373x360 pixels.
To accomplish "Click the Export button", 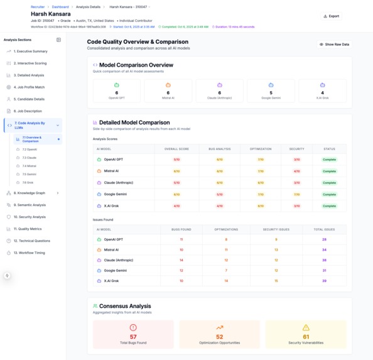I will [x=331, y=16].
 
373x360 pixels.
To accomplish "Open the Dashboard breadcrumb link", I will [x=60, y=7].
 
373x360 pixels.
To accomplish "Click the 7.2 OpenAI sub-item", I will [x=30, y=150].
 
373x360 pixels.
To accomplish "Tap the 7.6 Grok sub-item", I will [x=28, y=182].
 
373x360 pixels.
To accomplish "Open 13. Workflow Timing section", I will [x=30, y=253].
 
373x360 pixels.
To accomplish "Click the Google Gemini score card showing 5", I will [x=271, y=91].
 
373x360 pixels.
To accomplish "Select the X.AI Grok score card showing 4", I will [x=322, y=91].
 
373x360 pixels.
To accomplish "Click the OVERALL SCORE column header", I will [x=176, y=149].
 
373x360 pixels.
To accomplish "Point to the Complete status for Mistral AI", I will [x=329, y=171].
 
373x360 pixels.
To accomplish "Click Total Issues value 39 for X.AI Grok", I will [x=324, y=281].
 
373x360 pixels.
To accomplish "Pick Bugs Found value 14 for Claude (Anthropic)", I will [x=181, y=260].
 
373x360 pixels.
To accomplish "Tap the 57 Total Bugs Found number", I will [x=132, y=337].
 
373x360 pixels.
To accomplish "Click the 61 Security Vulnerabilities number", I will [x=306, y=337].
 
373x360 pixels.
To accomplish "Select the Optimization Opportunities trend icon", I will [x=219, y=327].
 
